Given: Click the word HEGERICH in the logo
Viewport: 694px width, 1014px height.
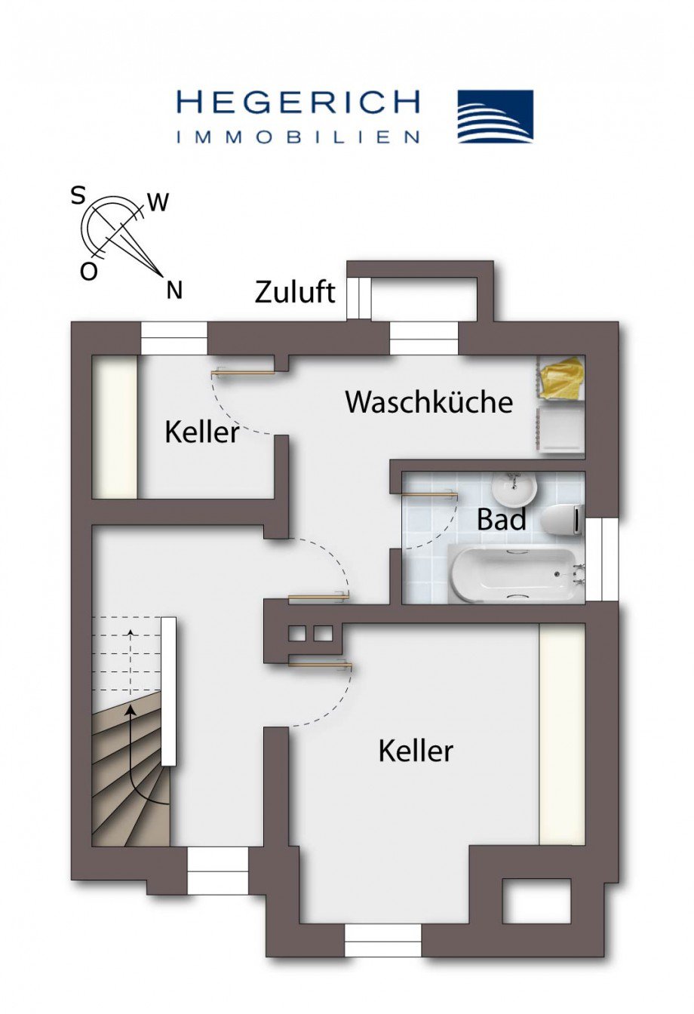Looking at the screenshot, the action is (298, 103).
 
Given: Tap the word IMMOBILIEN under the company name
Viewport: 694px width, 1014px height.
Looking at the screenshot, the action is (298, 137).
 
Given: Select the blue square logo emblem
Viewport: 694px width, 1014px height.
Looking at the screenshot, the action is (496, 116).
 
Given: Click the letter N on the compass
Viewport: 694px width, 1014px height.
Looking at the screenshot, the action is (174, 290).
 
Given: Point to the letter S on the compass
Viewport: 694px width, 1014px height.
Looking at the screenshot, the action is (78, 197).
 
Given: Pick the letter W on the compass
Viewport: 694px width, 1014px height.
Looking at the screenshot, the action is (158, 203).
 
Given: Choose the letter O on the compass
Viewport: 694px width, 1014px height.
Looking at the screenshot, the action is (89, 272).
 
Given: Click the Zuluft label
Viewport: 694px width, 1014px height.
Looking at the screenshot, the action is (295, 292).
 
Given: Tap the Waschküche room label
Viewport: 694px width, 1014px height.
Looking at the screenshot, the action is (429, 401).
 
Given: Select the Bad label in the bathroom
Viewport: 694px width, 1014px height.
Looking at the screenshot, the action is (502, 519).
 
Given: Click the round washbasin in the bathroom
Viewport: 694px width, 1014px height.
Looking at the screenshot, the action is (514, 489).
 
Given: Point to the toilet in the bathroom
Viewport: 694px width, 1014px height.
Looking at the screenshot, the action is (561, 520).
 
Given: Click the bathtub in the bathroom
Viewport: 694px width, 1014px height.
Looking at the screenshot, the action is (516, 574).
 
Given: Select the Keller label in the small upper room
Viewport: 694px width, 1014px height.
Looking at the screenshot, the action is (202, 432).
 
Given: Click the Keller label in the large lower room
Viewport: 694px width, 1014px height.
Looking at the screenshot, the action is (416, 751).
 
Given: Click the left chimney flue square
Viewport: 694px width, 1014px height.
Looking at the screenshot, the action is (297, 635).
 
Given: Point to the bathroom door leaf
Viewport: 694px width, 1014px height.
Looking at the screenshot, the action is (430, 495).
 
